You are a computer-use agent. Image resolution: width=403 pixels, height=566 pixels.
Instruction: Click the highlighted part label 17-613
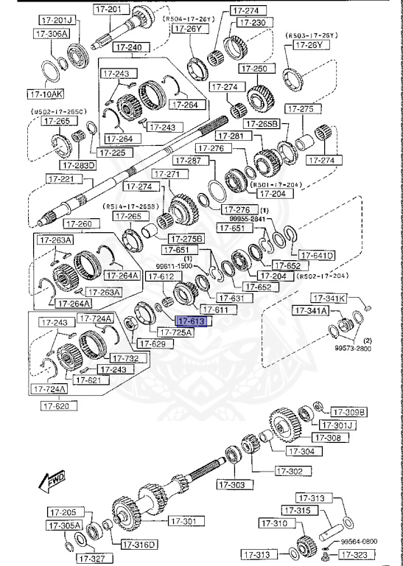(193, 321)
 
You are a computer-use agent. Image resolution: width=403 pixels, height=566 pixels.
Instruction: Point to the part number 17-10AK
(46, 94)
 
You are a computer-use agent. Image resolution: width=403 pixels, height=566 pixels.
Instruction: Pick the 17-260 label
(78, 223)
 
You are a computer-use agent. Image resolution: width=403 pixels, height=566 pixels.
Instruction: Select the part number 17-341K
(330, 298)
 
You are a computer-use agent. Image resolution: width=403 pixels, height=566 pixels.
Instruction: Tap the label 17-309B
(348, 411)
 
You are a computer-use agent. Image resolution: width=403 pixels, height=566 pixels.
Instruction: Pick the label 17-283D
(79, 165)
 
